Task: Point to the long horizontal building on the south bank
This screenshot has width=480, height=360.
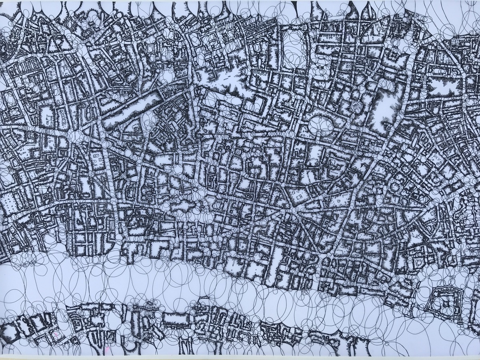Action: tap(176, 318)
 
